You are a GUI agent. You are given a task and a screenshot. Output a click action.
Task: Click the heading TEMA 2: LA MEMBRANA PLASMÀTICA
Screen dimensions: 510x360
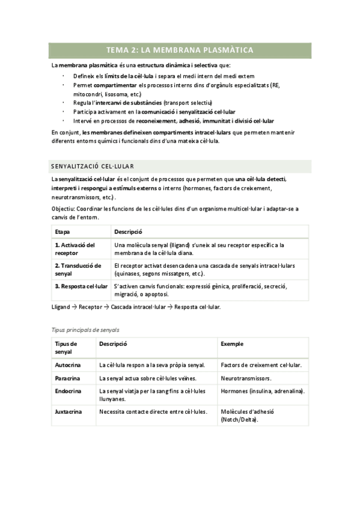tap(180, 50)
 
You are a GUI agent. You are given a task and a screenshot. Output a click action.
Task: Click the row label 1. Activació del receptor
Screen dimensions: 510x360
tap(75, 249)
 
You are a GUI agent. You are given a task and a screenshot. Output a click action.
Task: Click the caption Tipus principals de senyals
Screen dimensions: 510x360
tap(85, 330)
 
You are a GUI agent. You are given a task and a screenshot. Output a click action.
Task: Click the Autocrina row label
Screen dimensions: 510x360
tap(67, 365)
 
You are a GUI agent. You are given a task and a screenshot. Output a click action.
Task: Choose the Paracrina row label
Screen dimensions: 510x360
tap(67, 378)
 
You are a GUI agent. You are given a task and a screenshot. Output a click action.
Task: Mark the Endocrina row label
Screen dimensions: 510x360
tap(68, 392)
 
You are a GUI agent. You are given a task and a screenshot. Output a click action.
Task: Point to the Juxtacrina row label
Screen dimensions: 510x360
tap(69, 412)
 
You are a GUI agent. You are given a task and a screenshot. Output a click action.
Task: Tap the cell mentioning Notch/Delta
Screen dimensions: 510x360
tap(247, 416)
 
